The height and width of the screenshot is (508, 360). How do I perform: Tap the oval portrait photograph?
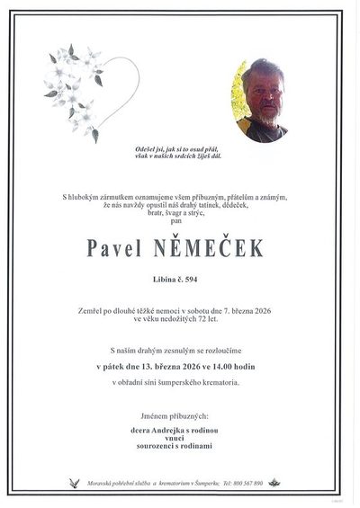pyautogui.click(x=261, y=100)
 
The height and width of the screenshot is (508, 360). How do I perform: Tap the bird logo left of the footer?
pyautogui.click(x=73, y=482)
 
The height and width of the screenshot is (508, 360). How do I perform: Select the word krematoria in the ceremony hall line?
pyautogui.click(x=220, y=382)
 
